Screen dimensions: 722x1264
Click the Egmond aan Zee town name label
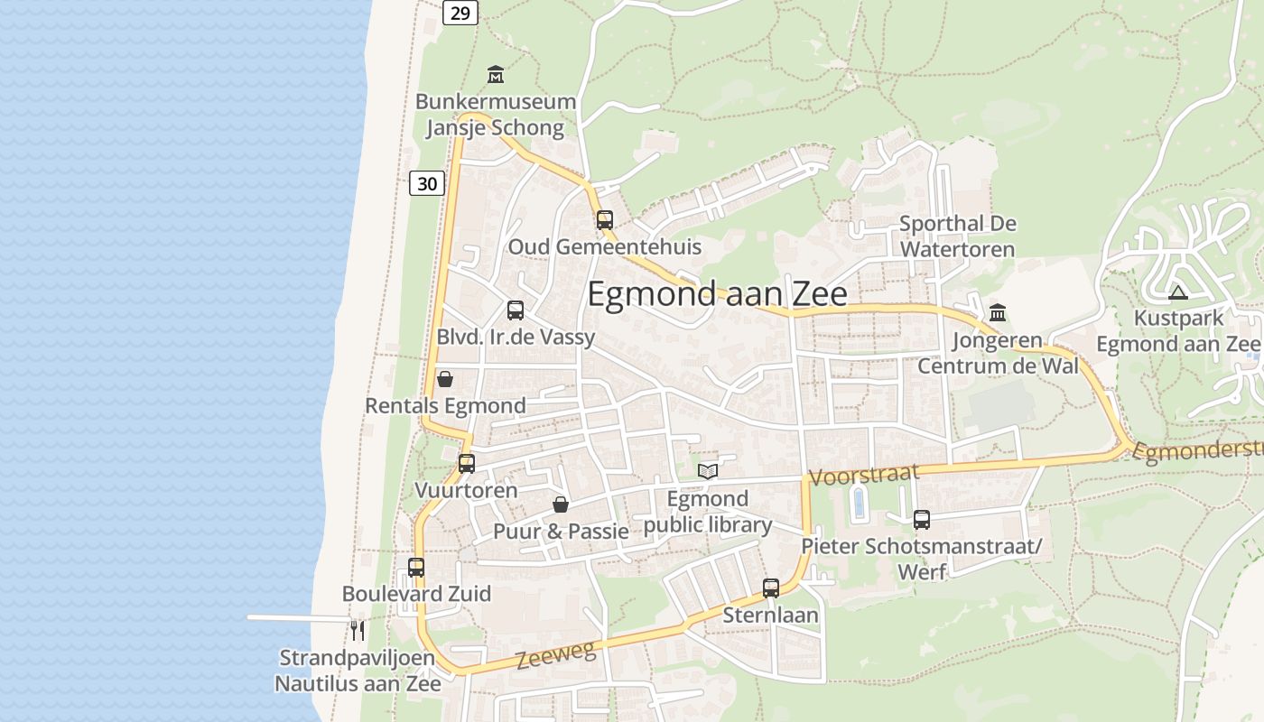[x=718, y=295]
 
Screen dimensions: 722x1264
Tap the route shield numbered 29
[x=460, y=12]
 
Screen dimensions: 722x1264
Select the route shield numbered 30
[x=427, y=183]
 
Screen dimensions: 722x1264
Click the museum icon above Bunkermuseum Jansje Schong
[x=495, y=74]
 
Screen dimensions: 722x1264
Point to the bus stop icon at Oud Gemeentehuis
[x=604, y=219]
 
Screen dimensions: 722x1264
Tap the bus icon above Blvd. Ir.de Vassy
[x=515, y=310]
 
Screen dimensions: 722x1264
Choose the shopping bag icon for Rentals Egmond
[x=444, y=379]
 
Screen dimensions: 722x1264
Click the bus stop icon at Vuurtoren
[x=466, y=464]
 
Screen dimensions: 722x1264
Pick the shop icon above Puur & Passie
[x=560, y=504]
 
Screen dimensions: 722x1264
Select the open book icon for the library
[x=708, y=471]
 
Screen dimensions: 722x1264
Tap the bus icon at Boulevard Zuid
[x=415, y=568]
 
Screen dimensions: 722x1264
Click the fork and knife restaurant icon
[x=358, y=630]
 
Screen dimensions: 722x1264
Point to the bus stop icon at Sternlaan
[x=770, y=588]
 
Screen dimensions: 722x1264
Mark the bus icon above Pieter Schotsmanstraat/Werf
[x=921, y=520]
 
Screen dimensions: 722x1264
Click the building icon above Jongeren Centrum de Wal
[x=998, y=313]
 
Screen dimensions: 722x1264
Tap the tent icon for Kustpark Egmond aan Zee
[x=1177, y=292]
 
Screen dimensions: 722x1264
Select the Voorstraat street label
[x=864, y=474]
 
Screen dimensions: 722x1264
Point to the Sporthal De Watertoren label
[x=957, y=236]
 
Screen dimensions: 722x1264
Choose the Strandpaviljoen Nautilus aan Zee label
[x=358, y=671]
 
